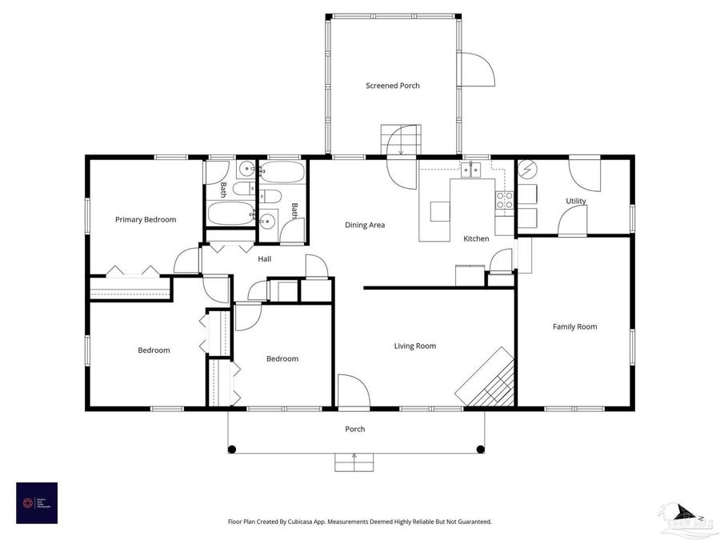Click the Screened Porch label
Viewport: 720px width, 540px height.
[x=393, y=86]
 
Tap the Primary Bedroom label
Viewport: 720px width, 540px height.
[x=146, y=220]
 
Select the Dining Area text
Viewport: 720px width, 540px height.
[x=365, y=226]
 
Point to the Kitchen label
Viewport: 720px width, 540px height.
[x=476, y=239]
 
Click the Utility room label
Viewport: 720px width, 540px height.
[x=575, y=202]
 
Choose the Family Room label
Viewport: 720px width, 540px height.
[x=575, y=326]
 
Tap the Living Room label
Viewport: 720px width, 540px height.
[x=415, y=346]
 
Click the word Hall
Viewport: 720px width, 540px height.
[x=264, y=259]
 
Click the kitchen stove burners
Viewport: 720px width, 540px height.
[x=505, y=200]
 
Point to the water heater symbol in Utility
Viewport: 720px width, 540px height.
[x=527, y=170]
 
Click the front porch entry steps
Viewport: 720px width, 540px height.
[x=354, y=462]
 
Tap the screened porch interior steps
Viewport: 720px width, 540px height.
[x=399, y=141]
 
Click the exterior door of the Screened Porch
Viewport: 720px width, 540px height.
[x=478, y=70]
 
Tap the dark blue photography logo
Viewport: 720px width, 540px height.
[x=37, y=502]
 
